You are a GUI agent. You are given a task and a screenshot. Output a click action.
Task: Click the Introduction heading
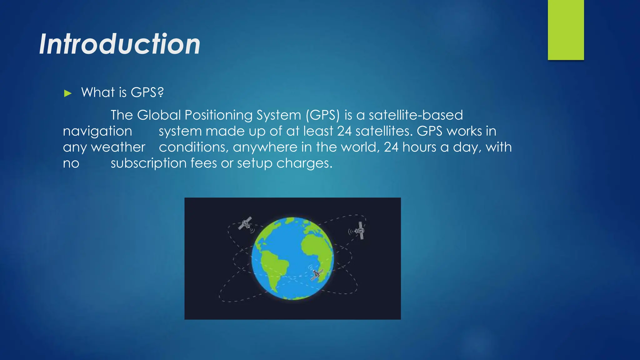tap(120, 44)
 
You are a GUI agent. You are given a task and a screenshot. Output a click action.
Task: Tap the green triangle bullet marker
tap(68, 93)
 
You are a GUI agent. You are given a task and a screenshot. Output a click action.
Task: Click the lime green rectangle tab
tap(566, 30)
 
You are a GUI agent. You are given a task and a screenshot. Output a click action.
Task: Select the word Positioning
tap(218, 115)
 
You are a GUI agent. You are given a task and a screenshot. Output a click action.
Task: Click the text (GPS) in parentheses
tap(322, 115)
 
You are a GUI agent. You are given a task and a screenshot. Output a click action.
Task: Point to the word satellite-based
tap(416, 115)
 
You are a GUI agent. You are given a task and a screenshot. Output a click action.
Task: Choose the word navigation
tap(97, 131)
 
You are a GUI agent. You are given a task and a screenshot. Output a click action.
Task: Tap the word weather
tap(118, 147)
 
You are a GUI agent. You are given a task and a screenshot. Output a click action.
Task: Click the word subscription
tap(148, 163)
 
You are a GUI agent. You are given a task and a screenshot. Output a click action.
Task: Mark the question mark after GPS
tap(160, 92)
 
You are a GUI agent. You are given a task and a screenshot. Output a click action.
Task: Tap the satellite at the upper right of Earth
tap(360, 231)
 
